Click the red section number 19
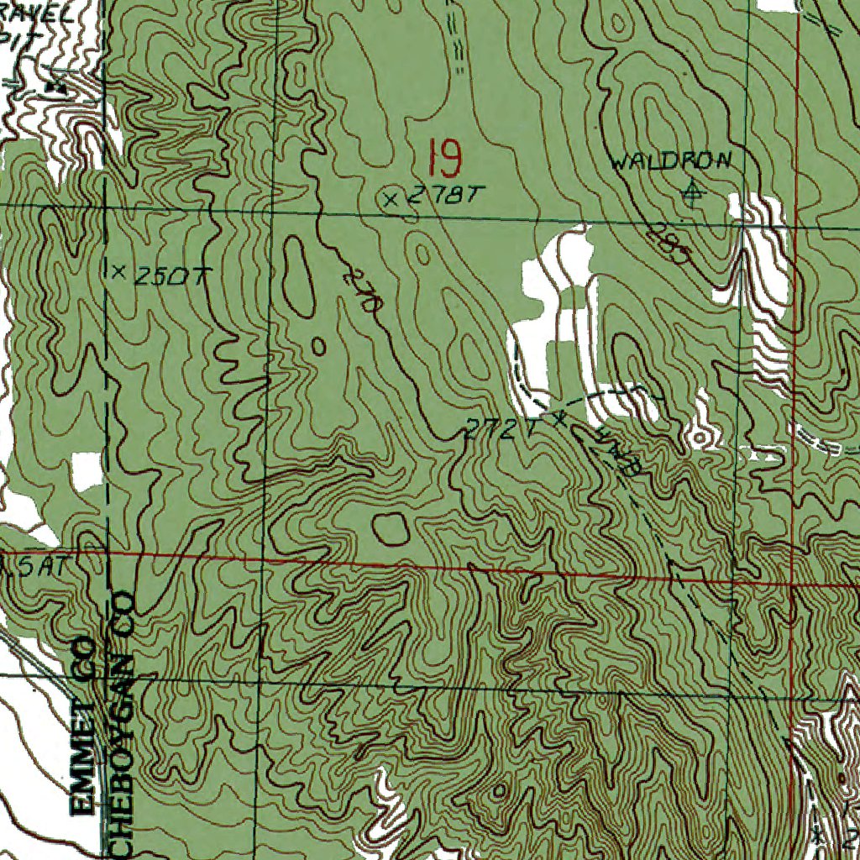tap(443, 157)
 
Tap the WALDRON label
tap(671, 161)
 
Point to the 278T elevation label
tap(446, 197)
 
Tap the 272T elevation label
tap(502, 431)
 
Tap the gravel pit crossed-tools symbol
tap(57, 83)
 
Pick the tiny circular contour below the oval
tap(318, 345)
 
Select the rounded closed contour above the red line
tap(390, 527)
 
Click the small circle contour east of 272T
tap(697, 435)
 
